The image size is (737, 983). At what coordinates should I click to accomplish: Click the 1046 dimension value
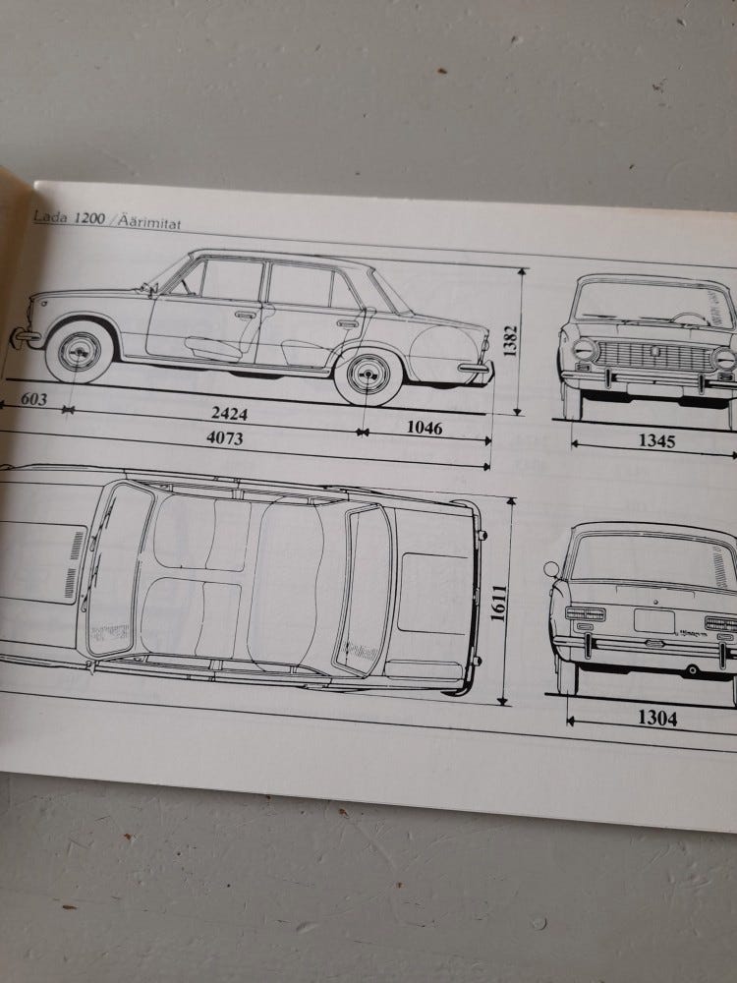pyautogui.click(x=424, y=427)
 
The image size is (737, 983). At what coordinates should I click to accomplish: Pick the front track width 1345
pyautogui.click(x=656, y=440)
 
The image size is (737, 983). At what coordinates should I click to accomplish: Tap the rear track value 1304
pyautogui.click(x=656, y=719)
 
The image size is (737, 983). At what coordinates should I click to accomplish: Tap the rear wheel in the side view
pyautogui.click(x=368, y=376)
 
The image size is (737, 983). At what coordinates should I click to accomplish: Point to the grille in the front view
pyautogui.click(x=656, y=357)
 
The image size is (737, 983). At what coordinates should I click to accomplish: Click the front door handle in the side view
pyautogui.click(x=245, y=315)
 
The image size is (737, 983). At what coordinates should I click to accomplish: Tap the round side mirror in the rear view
pyautogui.click(x=551, y=569)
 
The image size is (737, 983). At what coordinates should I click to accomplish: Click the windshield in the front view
pyautogui.click(x=652, y=305)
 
